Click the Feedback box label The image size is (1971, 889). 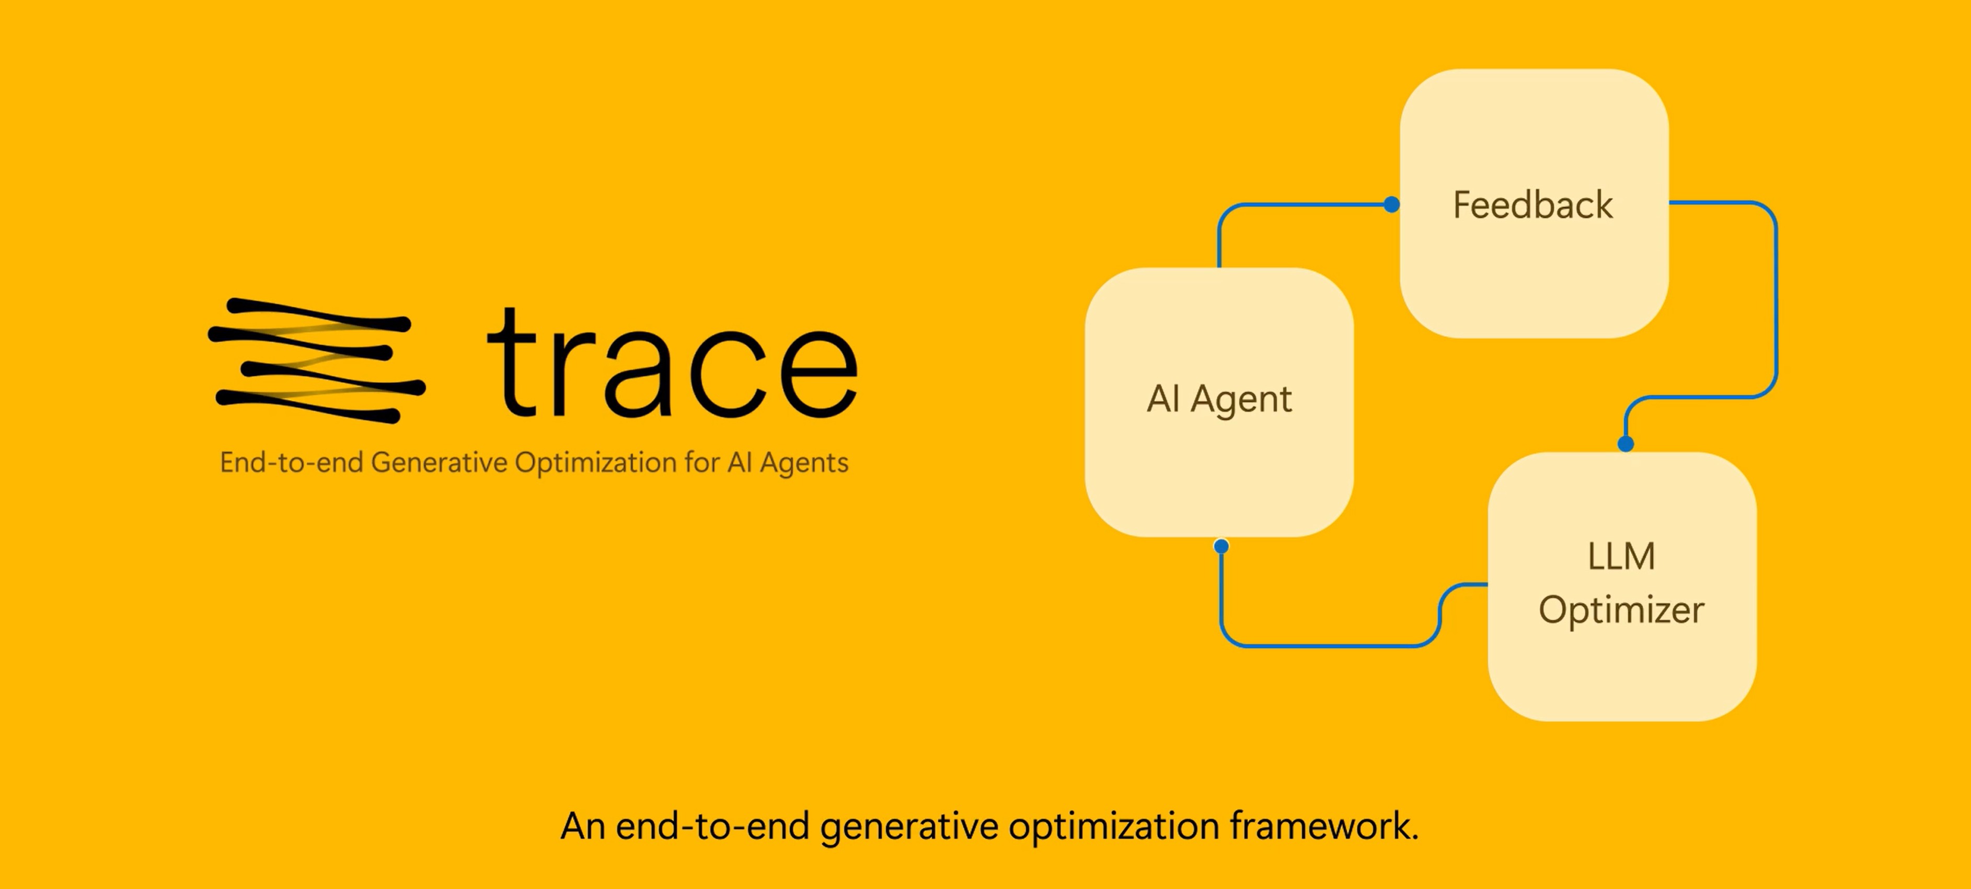1532,205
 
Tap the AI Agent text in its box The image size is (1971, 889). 1219,399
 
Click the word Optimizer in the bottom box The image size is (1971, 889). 1621,610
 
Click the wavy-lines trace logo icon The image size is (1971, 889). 316,360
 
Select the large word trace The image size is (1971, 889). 672,364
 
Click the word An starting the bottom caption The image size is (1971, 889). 582,826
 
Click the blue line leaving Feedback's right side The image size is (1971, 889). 1722,203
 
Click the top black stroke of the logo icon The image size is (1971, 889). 318,314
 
